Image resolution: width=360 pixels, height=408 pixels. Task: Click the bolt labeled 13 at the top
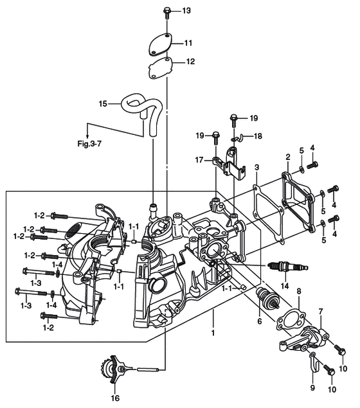point(166,13)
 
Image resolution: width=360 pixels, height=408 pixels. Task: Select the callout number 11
point(188,43)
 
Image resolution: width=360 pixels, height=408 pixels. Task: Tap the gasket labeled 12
point(160,68)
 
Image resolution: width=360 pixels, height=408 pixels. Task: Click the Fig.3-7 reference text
point(89,143)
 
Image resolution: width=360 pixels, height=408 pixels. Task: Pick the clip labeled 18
point(238,138)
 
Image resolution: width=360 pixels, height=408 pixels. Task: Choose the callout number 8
point(299,292)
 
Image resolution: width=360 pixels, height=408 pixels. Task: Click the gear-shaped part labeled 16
point(112,369)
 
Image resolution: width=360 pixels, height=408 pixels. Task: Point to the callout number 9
point(312,387)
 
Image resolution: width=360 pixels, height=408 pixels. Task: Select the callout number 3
point(257,167)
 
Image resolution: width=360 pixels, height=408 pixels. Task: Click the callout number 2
point(287,157)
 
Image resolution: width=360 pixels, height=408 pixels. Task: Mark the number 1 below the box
point(213,333)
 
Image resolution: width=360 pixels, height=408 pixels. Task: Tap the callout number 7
point(321,311)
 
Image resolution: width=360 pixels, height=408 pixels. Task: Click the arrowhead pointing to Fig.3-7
point(87,137)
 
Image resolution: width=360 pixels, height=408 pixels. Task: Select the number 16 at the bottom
point(115,398)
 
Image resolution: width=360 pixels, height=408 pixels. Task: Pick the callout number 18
point(258,136)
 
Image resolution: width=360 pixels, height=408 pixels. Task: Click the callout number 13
point(186,11)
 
